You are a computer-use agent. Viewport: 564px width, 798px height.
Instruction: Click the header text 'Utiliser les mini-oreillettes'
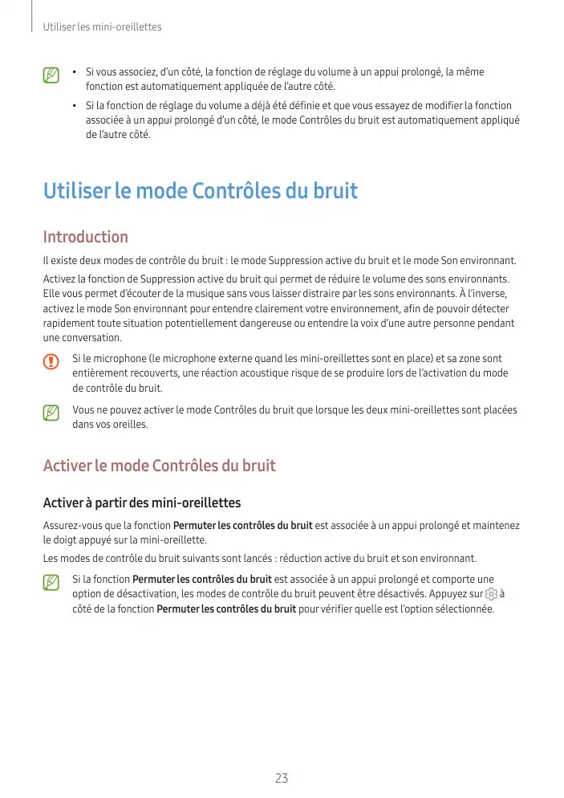pyautogui.click(x=102, y=27)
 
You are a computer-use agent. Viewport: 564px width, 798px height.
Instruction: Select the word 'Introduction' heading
pyautogui.click(x=85, y=237)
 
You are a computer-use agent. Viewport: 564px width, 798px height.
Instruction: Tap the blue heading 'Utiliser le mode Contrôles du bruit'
pyautogui.click(x=200, y=191)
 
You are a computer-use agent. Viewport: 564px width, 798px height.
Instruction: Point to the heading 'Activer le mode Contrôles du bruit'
pyautogui.click(x=159, y=466)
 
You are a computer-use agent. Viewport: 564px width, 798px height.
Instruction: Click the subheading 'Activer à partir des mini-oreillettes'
pyautogui.click(x=141, y=503)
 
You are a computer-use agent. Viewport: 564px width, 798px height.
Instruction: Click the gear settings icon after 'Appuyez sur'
pyautogui.click(x=491, y=594)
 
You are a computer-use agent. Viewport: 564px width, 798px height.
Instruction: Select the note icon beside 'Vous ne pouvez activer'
pyautogui.click(x=51, y=412)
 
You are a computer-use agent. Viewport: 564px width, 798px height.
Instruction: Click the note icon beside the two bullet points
pyautogui.click(x=51, y=75)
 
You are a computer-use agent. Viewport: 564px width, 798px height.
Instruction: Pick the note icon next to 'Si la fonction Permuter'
pyautogui.click(x=51, y=581)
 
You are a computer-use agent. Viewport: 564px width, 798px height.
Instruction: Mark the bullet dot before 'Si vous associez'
pyautogui.click(x=75, y=73)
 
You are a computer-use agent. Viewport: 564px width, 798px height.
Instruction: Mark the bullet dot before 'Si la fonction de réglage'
pyautogui.click(x=75, y=106)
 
